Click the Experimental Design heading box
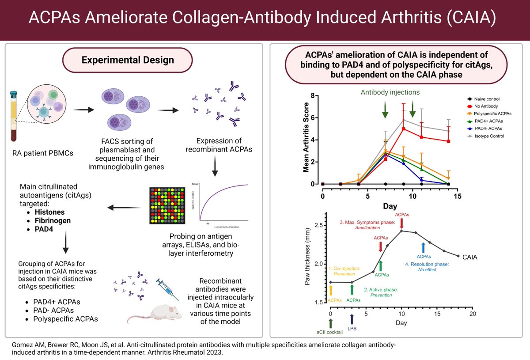click(128, 60)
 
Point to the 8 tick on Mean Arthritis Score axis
click(312, 96)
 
